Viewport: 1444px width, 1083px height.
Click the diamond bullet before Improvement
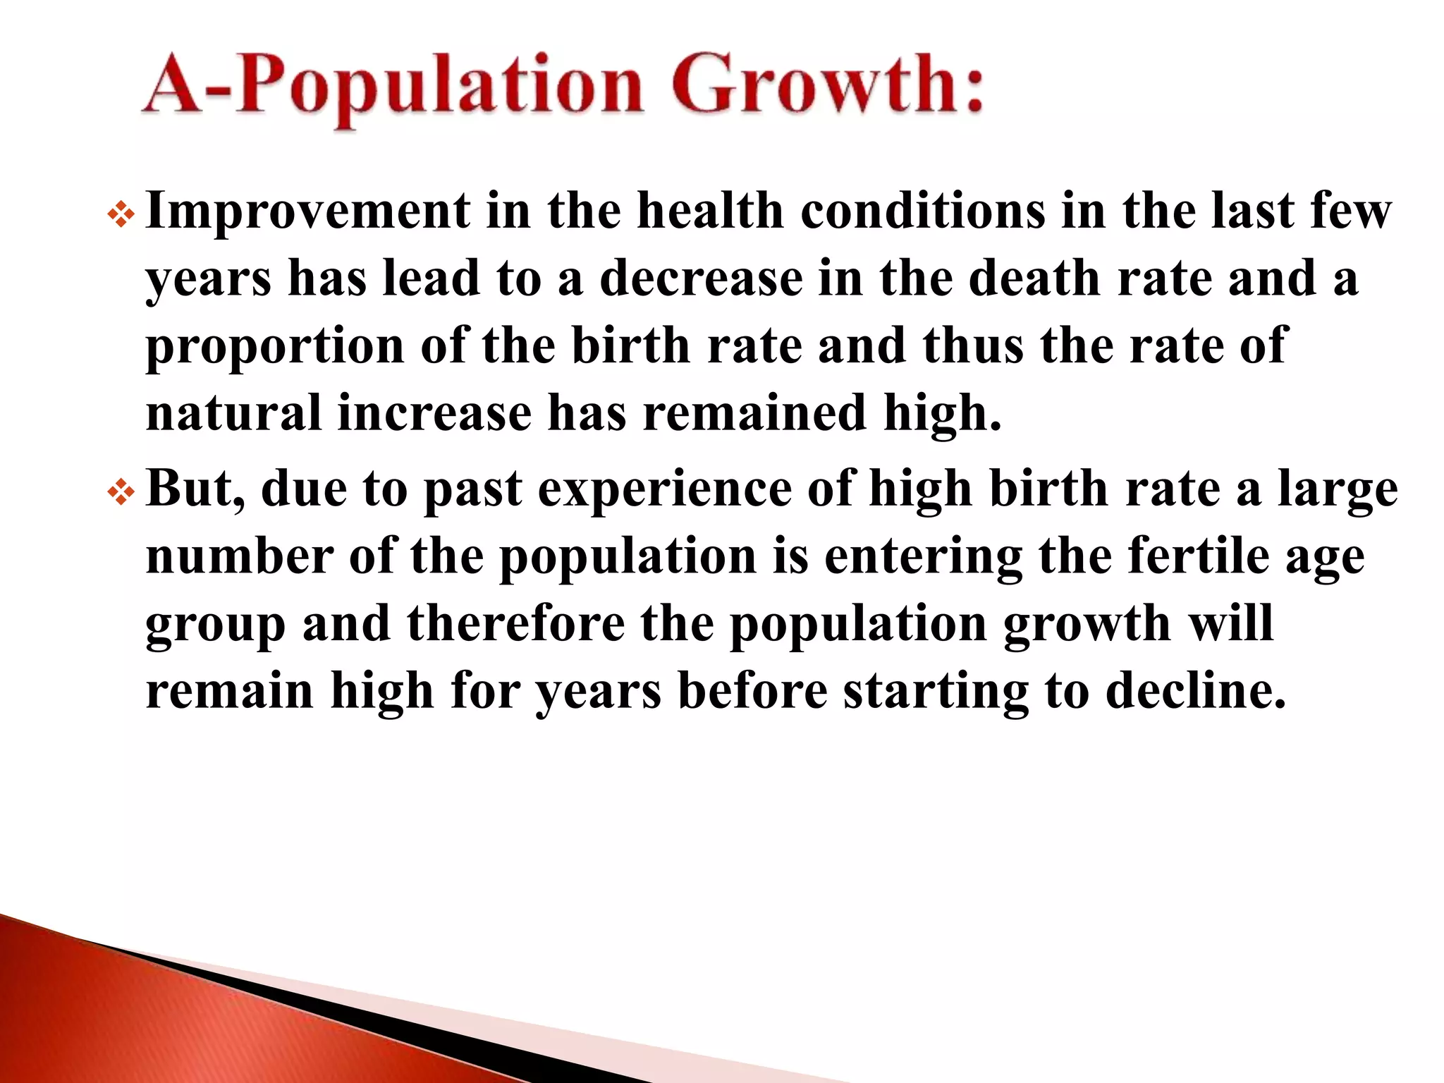click(x=121, y=216)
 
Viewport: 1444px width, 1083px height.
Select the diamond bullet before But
click(x=121, y=493)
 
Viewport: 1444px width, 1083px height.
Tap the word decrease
click(x=701, y=279)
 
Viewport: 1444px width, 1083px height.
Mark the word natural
click(x=233, y=414)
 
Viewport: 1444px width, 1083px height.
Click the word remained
click(x=754, y=414)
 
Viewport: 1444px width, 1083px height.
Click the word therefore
click(x=515, y=624)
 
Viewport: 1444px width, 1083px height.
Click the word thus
click(x=973, y=346)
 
